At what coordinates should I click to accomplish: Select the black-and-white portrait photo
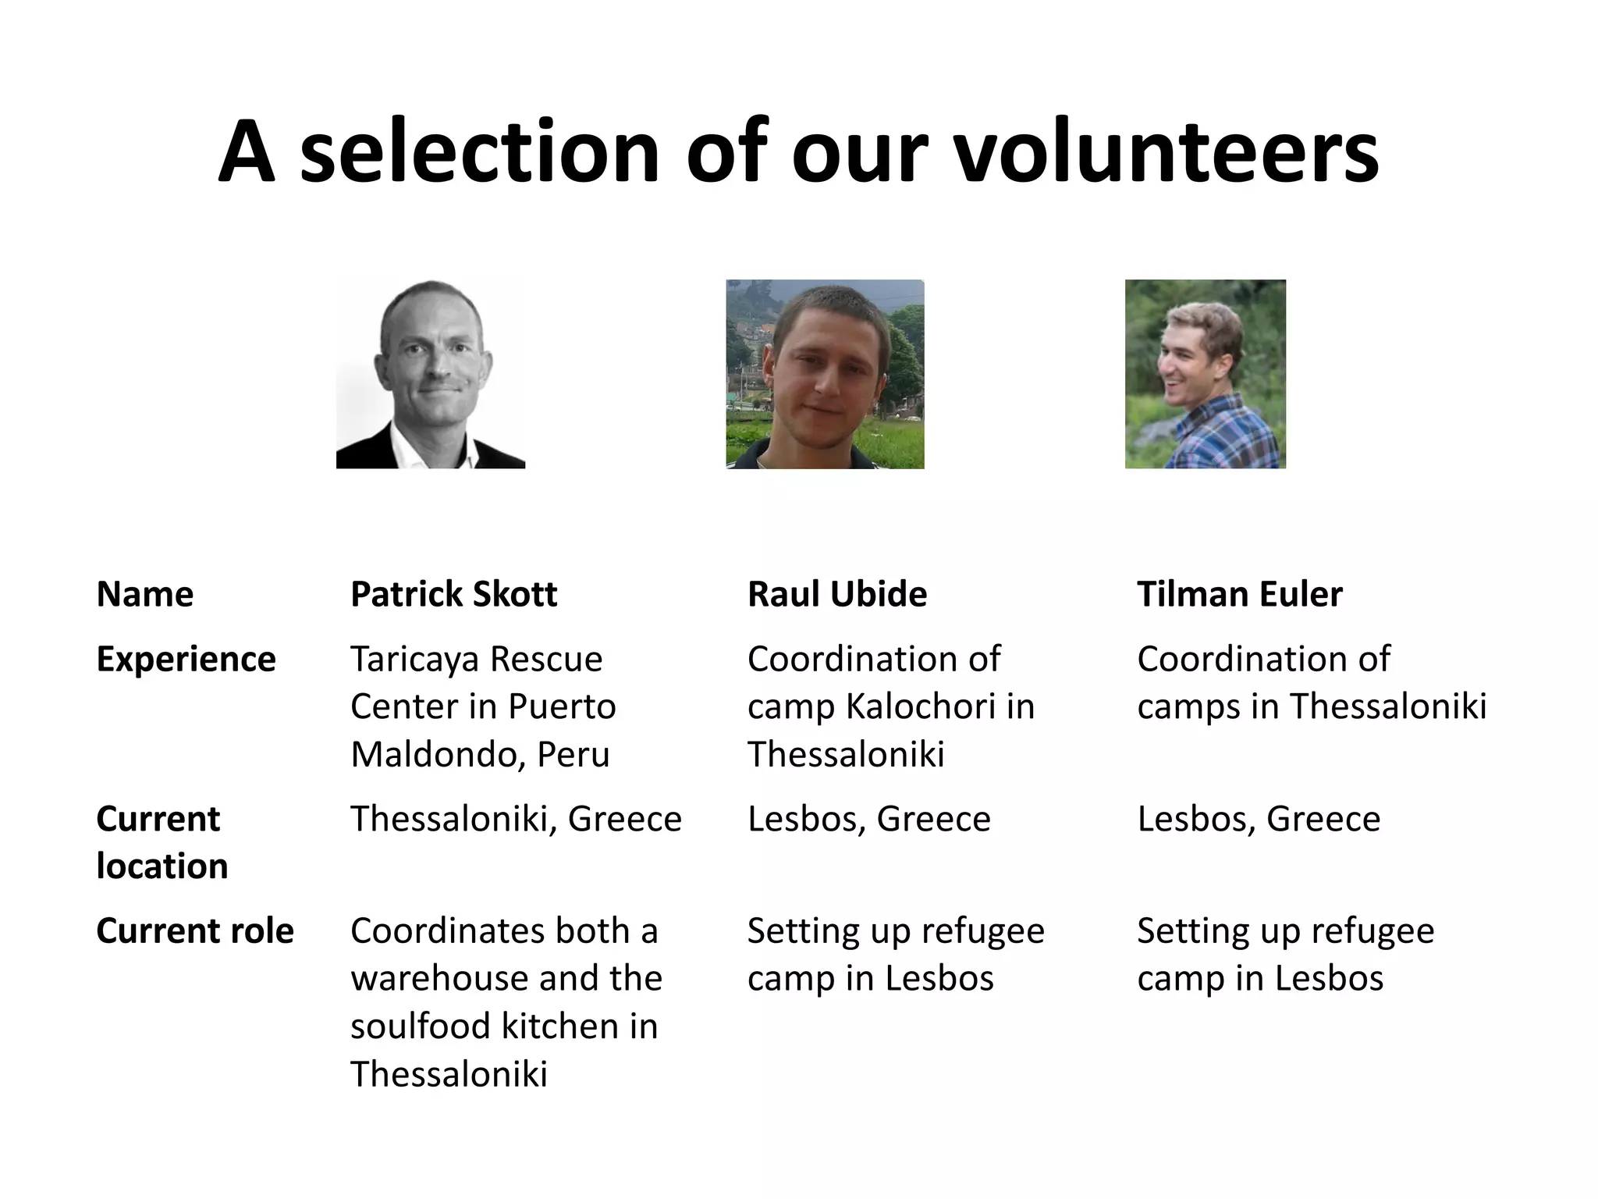coord(431,373)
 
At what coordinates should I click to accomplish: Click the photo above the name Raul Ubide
coord(825,373)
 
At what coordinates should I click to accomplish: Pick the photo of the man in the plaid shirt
coord(1205,373)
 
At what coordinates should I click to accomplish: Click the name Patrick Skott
coord(453,594)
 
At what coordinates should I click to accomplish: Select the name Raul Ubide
coord(836,594)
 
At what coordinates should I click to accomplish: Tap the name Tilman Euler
coord(1239,594)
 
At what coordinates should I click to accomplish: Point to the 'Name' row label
coord(145,594)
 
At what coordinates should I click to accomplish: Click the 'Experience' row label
coord(186,659)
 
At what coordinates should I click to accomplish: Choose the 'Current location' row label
coord(162,841)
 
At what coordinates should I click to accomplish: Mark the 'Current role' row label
coord(195,930)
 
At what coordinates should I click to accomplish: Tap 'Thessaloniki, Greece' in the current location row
coord(516,819)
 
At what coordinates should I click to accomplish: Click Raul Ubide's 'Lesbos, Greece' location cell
coord(868,819)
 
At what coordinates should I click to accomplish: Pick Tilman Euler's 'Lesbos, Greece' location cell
coord(1259,819)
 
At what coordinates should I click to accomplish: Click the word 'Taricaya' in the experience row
coord(411,659)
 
